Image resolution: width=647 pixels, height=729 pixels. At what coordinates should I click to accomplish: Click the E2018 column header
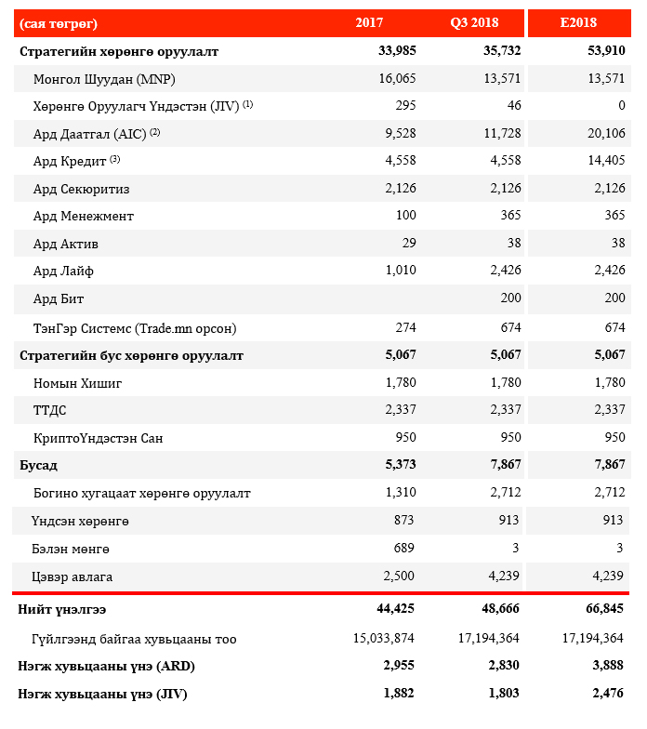coord(578,22)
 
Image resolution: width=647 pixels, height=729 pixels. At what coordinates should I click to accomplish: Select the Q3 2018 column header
coord(472,22)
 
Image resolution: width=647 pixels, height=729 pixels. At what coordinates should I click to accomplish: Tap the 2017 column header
coord(369,22)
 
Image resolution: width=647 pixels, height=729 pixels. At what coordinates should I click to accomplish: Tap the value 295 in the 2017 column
coord(405,106)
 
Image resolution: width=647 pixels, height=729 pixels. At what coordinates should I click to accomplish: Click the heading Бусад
coord(38,465)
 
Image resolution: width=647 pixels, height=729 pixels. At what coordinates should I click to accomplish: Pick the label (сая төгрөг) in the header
coord(58,22)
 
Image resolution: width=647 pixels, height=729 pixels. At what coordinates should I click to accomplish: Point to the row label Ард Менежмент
coord(83,216)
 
